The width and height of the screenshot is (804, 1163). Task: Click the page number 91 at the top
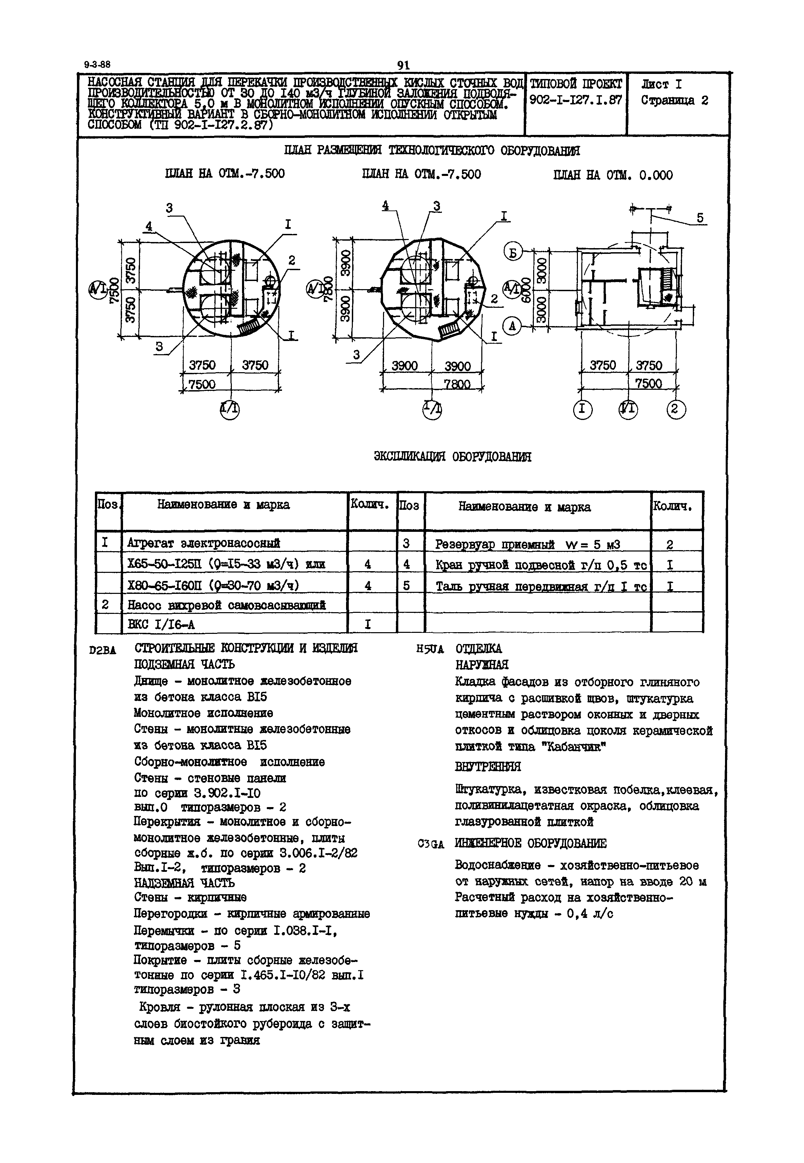click(x=403, y=65)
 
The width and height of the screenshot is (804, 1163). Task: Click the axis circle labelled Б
click(x=513, y=252)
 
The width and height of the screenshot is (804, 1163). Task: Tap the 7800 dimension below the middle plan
click(x=457, y=384)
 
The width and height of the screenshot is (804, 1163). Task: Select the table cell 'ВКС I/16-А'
click(x=161, y=625)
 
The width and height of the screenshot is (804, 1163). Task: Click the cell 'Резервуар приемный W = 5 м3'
click(x=527, y=544)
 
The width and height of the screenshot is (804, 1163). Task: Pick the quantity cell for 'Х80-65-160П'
click(x=368, y=585)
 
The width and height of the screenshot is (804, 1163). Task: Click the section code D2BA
click(x=102, y=650)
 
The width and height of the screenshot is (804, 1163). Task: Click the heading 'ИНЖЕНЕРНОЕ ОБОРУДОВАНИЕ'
click(x=530, y=844)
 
